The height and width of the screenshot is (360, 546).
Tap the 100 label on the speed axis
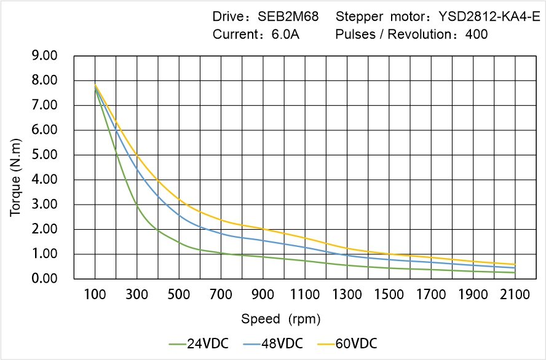click(95, 295)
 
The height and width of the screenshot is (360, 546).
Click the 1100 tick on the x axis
click(305, 295)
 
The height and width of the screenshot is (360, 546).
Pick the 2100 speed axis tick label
click(515, 295)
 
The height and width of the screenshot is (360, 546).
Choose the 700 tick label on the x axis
click(221, 295)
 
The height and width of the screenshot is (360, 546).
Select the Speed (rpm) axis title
click(280, 319)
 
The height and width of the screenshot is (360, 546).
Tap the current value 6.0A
click(285, 34)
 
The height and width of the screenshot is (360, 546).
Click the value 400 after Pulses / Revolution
click(477, 34)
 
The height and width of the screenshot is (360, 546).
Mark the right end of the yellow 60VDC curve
click(515, 264)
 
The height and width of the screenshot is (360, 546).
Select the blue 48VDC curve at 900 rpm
click(263, 240)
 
